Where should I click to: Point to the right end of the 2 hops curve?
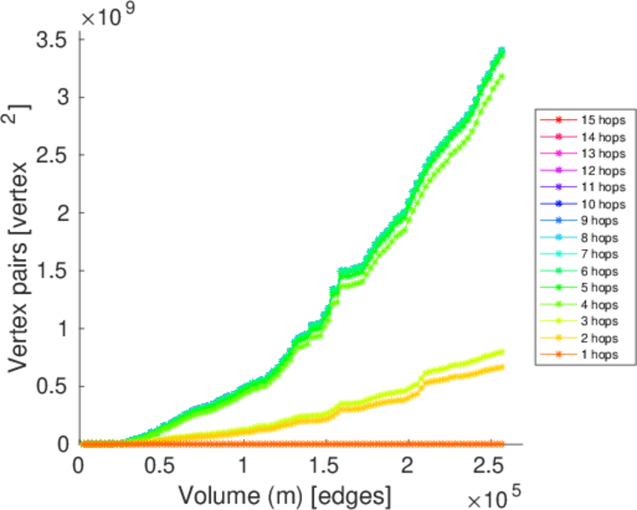[x=501, y=367]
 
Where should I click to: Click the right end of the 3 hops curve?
[x=501, y=351]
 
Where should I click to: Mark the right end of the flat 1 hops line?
[x=501, y=444]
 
